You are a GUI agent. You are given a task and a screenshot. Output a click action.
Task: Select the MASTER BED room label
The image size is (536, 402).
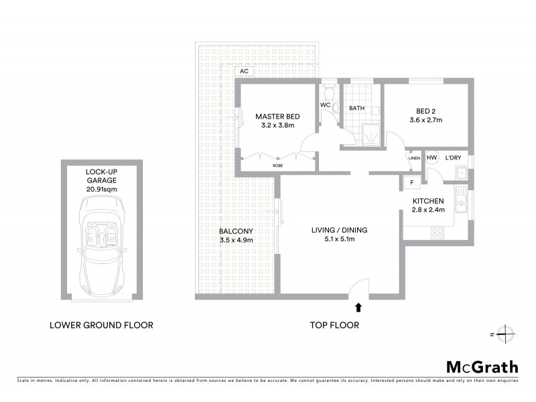pyautogui.click(x=277, y=117)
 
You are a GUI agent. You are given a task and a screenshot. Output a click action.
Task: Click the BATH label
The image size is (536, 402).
pyautogui.click(x=356, y=108)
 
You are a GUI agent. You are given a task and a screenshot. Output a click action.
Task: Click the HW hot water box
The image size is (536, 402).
pyautogui.click(x=432, y=158)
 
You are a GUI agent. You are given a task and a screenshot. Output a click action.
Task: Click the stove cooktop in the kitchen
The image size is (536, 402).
pyautogui.click(x=438, y=233)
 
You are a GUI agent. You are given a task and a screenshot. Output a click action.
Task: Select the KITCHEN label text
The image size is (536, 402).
pyautogui.click(x=428, y=201)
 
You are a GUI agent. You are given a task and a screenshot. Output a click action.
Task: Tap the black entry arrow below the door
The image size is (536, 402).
pyautogui.click(x=358, y=308)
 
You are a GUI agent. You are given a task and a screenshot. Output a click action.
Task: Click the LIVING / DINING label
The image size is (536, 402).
pyautogui.click(x=339, y=230)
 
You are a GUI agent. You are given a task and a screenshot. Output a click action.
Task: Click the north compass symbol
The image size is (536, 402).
pyautogui.click(x=507, y=333)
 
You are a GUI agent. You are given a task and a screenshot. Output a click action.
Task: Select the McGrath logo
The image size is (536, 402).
pyautogui.click(x=482, y=366)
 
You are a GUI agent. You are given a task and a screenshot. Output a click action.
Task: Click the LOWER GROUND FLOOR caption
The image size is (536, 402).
pyautogui.click(x=102, y=325)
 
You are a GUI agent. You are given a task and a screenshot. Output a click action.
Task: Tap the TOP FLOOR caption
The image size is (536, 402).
pyautogui.click(x=334, y=325)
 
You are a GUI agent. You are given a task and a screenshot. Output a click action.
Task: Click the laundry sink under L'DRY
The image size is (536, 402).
pyautogui.click(x=460, y=174)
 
